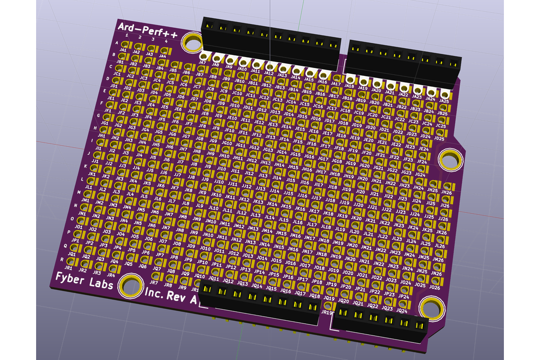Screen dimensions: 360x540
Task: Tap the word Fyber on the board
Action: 74,277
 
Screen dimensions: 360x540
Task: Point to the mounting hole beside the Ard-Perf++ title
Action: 193,43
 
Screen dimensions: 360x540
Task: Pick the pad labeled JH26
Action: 447,186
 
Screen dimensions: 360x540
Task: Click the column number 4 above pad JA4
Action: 166,41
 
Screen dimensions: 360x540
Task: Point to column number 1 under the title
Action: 127,36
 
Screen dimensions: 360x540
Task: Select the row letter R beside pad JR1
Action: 62,259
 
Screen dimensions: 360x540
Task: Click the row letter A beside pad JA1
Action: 116,42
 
